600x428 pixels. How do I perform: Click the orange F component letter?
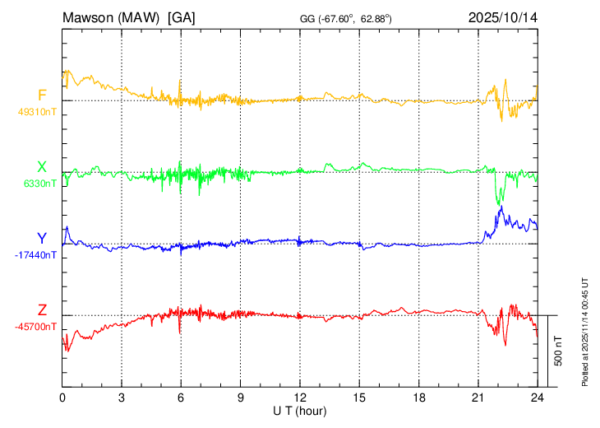pos(42,95)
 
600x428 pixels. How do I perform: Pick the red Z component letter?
pos(42,310)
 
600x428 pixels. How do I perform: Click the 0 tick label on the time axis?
pos(63,396)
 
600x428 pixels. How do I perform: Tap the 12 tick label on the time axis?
pos(300,396)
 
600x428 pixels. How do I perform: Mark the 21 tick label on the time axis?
pos(478,396)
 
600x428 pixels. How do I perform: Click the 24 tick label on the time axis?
pos(537,396)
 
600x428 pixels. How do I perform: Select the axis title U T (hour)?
pos(300,409)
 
